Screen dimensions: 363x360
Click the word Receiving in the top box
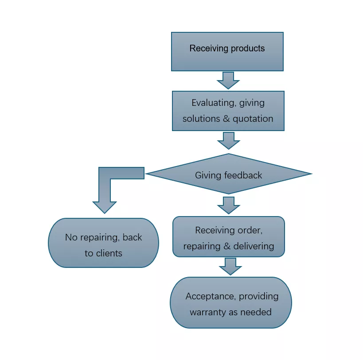pos(209,49)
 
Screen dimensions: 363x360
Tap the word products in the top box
pos(248,49)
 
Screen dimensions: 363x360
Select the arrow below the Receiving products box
pos(228,81)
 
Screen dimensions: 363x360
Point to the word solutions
pos(201,119)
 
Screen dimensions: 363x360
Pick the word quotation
pos(253,119)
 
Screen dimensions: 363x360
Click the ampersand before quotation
pos(226,119)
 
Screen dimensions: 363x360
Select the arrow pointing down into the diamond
pos(229,140)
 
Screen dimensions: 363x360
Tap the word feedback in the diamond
pos(243,175)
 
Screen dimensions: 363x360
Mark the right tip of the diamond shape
pos(312,174)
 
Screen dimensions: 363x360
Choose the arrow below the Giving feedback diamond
pos(229,205)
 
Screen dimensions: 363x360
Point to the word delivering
pos(254,247)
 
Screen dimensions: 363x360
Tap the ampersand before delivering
pos(227,246)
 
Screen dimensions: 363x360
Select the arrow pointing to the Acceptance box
pos(230,267)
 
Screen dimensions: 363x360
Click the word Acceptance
pos(211,296)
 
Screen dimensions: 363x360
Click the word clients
pos(109,253)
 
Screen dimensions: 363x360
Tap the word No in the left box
pos(71,237)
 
